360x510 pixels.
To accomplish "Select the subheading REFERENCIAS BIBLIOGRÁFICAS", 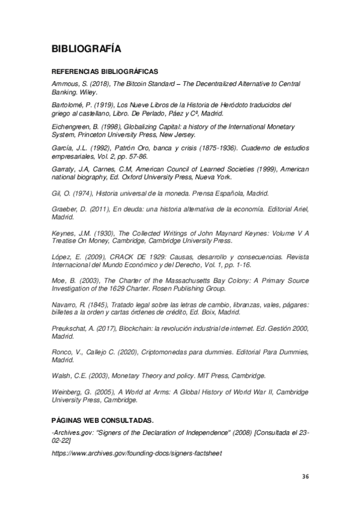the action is [x=105, y=70].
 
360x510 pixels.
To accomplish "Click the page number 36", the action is [x=305, y=476].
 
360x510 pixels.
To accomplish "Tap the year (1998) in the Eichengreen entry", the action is [x=112, y=127].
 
